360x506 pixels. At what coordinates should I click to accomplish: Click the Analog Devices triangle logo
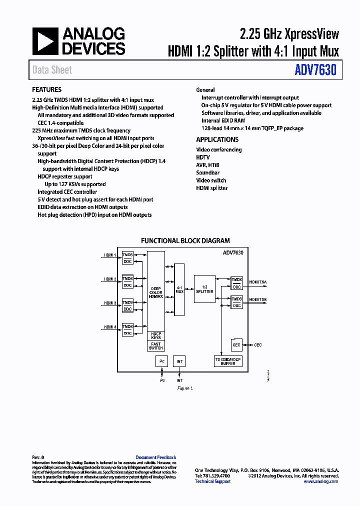45,41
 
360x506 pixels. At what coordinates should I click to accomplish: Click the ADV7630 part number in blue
315,70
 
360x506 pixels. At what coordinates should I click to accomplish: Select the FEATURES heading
47,90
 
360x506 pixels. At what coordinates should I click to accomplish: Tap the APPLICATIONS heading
217,140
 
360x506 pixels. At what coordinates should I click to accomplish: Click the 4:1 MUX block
179,289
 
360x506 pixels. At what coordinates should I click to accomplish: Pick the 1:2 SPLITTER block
204,289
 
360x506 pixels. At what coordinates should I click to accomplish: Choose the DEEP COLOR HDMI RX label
156,292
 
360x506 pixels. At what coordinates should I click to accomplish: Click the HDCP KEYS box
156,335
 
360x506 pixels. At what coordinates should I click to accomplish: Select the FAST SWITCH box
156,346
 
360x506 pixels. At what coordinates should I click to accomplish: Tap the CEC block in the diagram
236,345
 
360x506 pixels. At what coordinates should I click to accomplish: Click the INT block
179,361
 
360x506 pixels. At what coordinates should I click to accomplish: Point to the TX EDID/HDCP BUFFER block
228,361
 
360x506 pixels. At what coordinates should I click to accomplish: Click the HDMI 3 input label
110,303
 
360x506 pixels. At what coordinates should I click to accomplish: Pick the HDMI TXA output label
258,282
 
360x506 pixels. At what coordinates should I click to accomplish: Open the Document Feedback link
156,457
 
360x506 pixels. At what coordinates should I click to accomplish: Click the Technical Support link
212,481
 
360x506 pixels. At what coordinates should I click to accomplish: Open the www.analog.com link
320,481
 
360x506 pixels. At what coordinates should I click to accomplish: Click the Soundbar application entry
207,172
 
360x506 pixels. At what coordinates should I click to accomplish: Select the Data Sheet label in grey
52,70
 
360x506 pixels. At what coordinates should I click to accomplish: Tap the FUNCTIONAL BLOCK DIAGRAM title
185,240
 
